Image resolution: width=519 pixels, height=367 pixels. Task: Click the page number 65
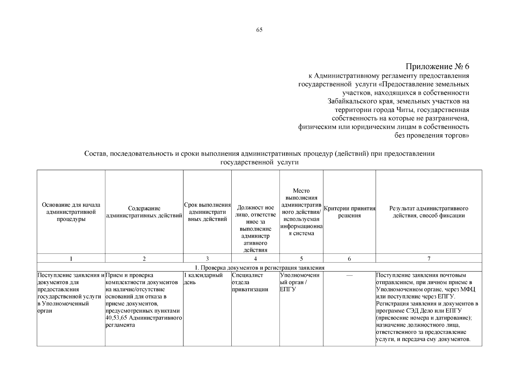point(259,30)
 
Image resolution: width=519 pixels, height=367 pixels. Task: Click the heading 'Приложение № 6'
point(437,66)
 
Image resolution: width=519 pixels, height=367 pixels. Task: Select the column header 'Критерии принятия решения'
point(349,212)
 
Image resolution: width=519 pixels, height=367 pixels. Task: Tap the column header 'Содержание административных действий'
point(144,212)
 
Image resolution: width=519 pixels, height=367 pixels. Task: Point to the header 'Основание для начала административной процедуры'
point(71,212)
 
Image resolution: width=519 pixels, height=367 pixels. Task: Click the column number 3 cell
point(207,259)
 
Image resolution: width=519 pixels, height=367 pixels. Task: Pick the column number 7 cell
point(429,259)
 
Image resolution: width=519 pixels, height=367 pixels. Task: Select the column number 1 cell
point(71,259)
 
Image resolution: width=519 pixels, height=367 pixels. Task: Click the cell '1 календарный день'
point(203,279)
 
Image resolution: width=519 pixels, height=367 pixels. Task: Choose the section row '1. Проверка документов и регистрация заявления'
point(259,268)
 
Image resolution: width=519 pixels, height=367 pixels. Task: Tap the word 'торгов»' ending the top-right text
point(457,135)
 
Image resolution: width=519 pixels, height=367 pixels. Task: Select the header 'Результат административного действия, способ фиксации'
point(429,212)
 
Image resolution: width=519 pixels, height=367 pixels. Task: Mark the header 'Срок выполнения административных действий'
point(207,212)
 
